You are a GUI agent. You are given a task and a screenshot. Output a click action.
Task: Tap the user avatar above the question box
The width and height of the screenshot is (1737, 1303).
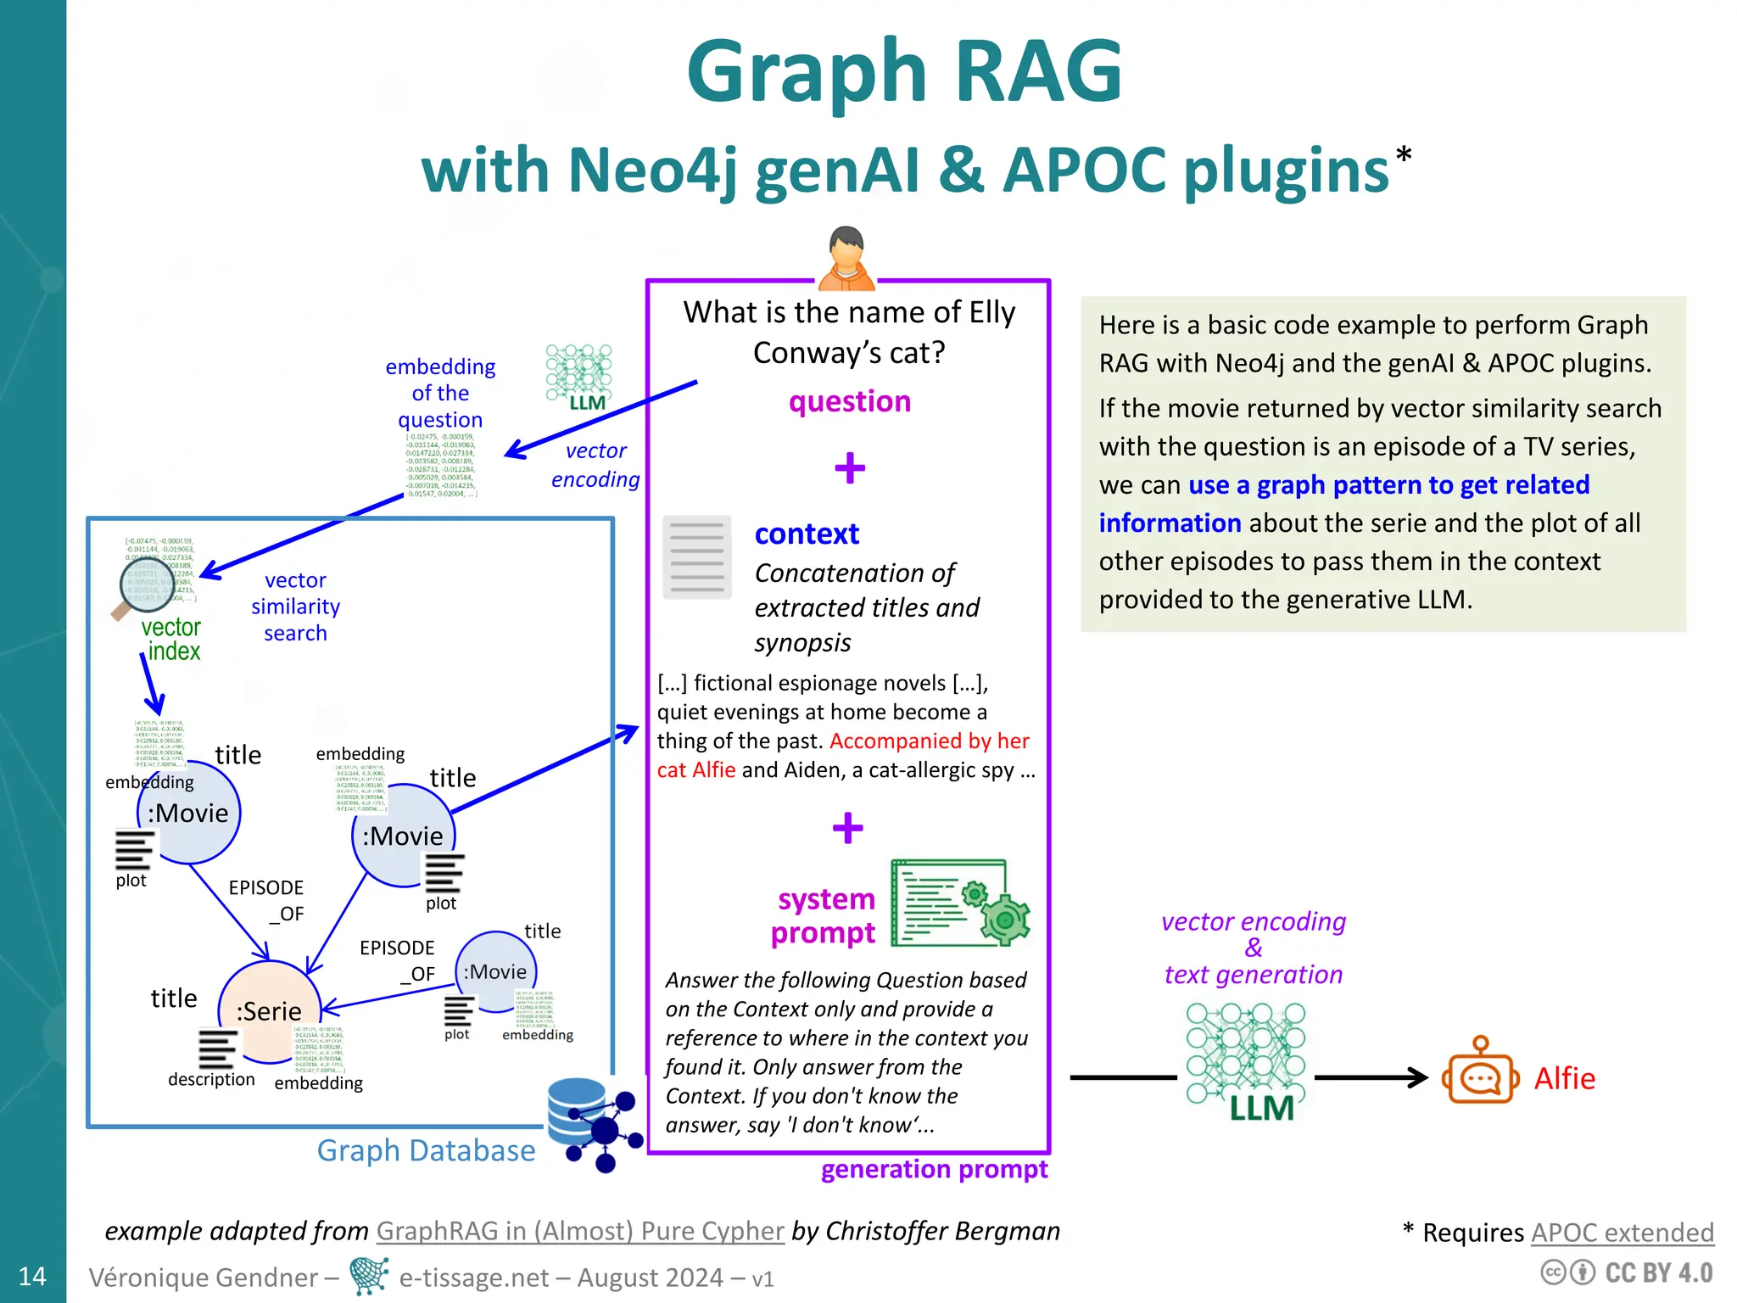tap(846, 258)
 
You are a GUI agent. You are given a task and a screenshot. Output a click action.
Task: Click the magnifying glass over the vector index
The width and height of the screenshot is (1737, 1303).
tap(146, 585)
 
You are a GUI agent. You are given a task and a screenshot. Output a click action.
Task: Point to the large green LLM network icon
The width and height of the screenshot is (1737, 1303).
tap(1245, 1060)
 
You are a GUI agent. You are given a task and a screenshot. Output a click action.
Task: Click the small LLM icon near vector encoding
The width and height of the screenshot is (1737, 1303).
tap(580, 377)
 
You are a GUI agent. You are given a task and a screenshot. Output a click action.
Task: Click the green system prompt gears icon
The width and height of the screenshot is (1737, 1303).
tap(960, 903)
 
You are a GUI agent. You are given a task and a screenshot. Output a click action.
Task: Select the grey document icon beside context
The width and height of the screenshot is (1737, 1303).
tap(697, 557)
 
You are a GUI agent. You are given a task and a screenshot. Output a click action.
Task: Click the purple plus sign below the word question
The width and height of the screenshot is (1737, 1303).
tap(850, 467)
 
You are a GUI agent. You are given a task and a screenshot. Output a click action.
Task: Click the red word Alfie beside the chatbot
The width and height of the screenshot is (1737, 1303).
tap(1565, 1078)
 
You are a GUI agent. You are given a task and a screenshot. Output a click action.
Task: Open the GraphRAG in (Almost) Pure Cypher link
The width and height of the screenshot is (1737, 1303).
tap(580, 1231)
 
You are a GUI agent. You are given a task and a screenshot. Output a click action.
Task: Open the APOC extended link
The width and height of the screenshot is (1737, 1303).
tap(1623, 1233)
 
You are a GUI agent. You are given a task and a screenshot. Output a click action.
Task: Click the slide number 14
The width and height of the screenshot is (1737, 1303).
tap(32, 1276)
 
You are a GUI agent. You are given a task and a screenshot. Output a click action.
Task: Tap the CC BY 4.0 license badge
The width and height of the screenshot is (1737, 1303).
tap(1628, 1273)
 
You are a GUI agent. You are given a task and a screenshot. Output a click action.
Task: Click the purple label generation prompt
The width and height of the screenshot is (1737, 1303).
tap(934, 1170)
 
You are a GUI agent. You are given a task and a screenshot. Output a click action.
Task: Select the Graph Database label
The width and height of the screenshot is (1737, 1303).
tap(426, 1151)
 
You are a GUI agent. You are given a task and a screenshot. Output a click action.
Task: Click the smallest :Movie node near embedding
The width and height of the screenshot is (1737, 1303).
tap(496, 971)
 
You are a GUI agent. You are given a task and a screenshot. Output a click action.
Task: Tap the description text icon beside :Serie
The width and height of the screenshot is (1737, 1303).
tap(217, 1049)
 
